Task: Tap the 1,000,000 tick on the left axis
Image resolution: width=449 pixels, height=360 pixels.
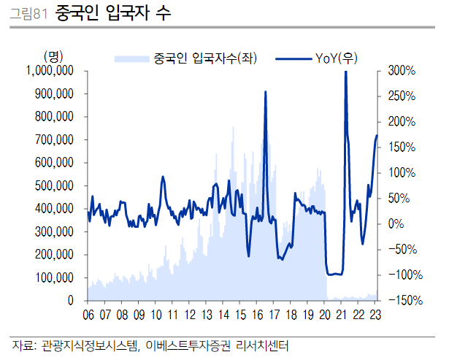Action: [x=48, y=71]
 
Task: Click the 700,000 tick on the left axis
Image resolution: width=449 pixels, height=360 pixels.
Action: [x=54, y=139]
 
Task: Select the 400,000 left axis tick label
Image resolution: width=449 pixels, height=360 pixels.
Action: [x=54, y=209]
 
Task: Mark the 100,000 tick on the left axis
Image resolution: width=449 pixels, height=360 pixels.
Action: [x=54, y=277]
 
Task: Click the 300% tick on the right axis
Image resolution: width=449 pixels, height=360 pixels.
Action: [x=401, y=71]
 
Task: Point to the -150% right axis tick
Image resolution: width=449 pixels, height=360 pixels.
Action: [x=401, y=300]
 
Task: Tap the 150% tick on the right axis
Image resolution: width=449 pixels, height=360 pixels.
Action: [x=401, y=147]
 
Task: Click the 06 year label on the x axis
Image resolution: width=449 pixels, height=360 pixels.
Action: [x=88, y=315]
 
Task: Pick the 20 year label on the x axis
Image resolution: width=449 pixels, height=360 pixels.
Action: [x=325, y=315]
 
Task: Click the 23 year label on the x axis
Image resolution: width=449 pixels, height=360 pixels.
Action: [x=375, y=315]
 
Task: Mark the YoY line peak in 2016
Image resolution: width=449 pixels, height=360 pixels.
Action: [x=265, y=92]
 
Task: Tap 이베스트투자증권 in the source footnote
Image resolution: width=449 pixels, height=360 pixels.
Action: [x=190, y=345]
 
